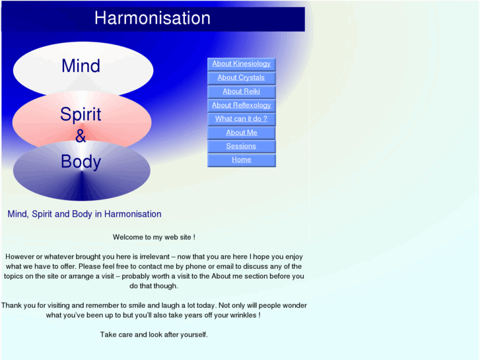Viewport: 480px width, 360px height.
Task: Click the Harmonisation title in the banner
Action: click(x=153, y=18)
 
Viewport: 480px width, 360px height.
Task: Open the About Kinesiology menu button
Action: click(x=241, y=64)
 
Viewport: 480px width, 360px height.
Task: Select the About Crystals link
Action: click(x=241, y=78)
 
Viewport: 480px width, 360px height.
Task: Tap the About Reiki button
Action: click(x=241, y=92)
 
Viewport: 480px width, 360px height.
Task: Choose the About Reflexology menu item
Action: click(x=241, y=106)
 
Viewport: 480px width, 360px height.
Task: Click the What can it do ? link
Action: click(x=241, y=119)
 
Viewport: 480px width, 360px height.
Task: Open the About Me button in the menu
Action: click(x=241, y=133)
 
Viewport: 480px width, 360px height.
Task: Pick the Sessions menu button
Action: click(x=241, y=147)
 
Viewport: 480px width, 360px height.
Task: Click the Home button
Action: click(x=241, y=160)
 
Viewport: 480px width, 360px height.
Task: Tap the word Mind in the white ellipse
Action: click(x=81, y=66)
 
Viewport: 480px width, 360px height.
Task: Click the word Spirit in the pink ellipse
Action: click(x=81, y=114)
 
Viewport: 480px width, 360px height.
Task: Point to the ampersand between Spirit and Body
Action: click(x=81, y=137)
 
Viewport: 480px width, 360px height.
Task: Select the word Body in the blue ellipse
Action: click(x=81, y=162)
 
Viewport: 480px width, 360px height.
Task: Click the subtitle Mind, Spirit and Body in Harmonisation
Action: click(x=84, y=214)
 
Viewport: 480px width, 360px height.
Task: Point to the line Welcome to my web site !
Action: click(x=154, y=237)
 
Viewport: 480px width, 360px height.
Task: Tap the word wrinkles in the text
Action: click(x=242, y=315)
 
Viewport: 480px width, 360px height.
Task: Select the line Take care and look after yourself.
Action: click(x=154, y=335)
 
